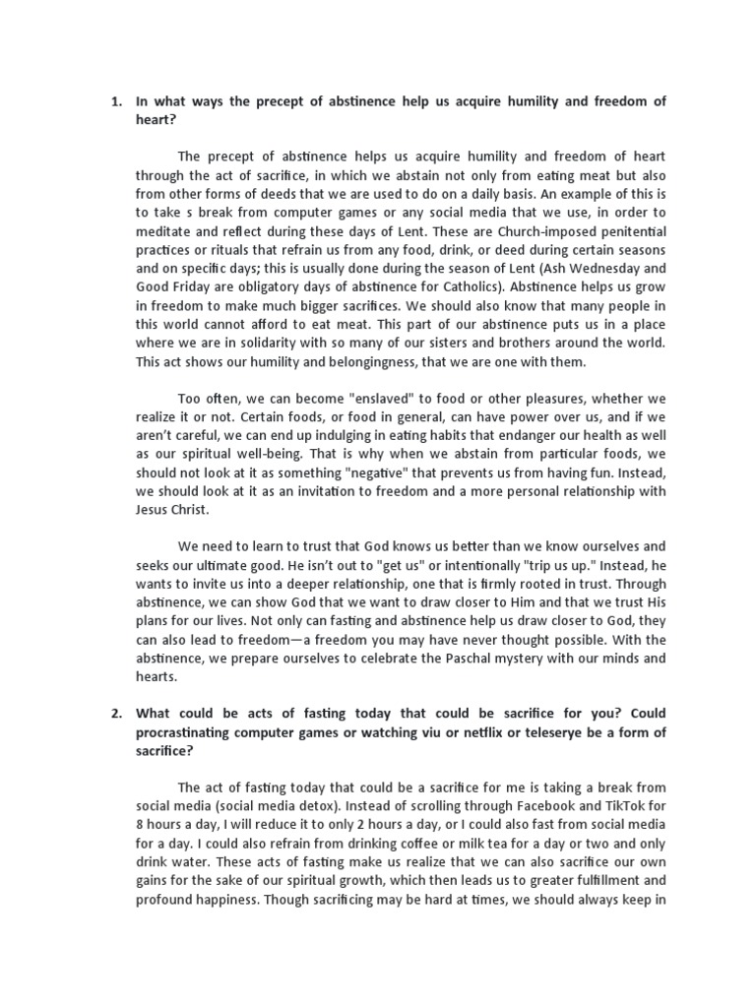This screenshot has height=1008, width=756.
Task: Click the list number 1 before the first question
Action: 114,101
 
